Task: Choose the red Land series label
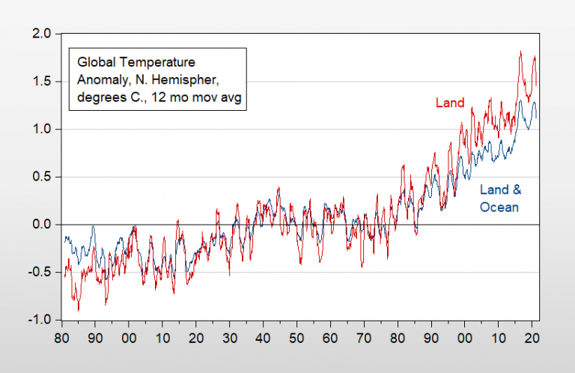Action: [450, 103]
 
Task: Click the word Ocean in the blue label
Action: [499, 207]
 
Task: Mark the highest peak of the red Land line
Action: [520, 52]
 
